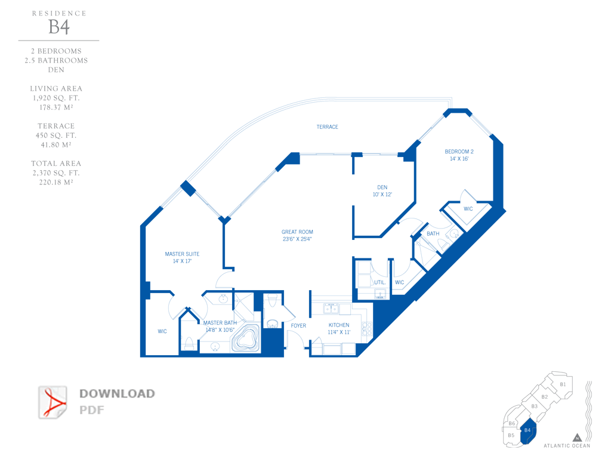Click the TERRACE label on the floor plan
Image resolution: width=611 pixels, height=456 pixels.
tap(327, 127)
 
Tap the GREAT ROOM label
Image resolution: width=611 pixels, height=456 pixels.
tap(297, 232)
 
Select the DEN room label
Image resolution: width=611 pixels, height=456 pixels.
tap(382, 187)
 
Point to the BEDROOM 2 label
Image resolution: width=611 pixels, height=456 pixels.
tap(459, 152)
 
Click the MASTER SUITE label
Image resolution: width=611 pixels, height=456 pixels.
tap(182, 254)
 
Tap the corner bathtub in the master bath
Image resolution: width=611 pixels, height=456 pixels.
tap(246, 337)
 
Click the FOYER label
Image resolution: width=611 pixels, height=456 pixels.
tap(298, 325)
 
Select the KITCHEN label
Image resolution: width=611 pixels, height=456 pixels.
tap(339, 325)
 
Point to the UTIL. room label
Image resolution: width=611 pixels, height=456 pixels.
tap(379, 282)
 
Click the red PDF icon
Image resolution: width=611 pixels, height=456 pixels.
tap(53, 402)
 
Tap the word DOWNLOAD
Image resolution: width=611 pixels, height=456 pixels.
tap(117, 394)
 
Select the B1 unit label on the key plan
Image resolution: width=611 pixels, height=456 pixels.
tap(563, 384)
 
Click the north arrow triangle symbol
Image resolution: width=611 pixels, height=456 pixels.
tap(577, 437)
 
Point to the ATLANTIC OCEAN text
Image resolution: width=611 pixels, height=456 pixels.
tap(567, 445)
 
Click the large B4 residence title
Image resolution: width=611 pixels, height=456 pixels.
tap(59, 27)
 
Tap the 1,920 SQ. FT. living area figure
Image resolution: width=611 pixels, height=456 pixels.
tap(56, 98)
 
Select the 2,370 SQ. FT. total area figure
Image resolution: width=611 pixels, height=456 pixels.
tap(56, 172)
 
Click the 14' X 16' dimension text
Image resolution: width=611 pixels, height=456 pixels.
tap(459, 159)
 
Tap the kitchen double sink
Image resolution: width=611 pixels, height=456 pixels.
tap(331, 309)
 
